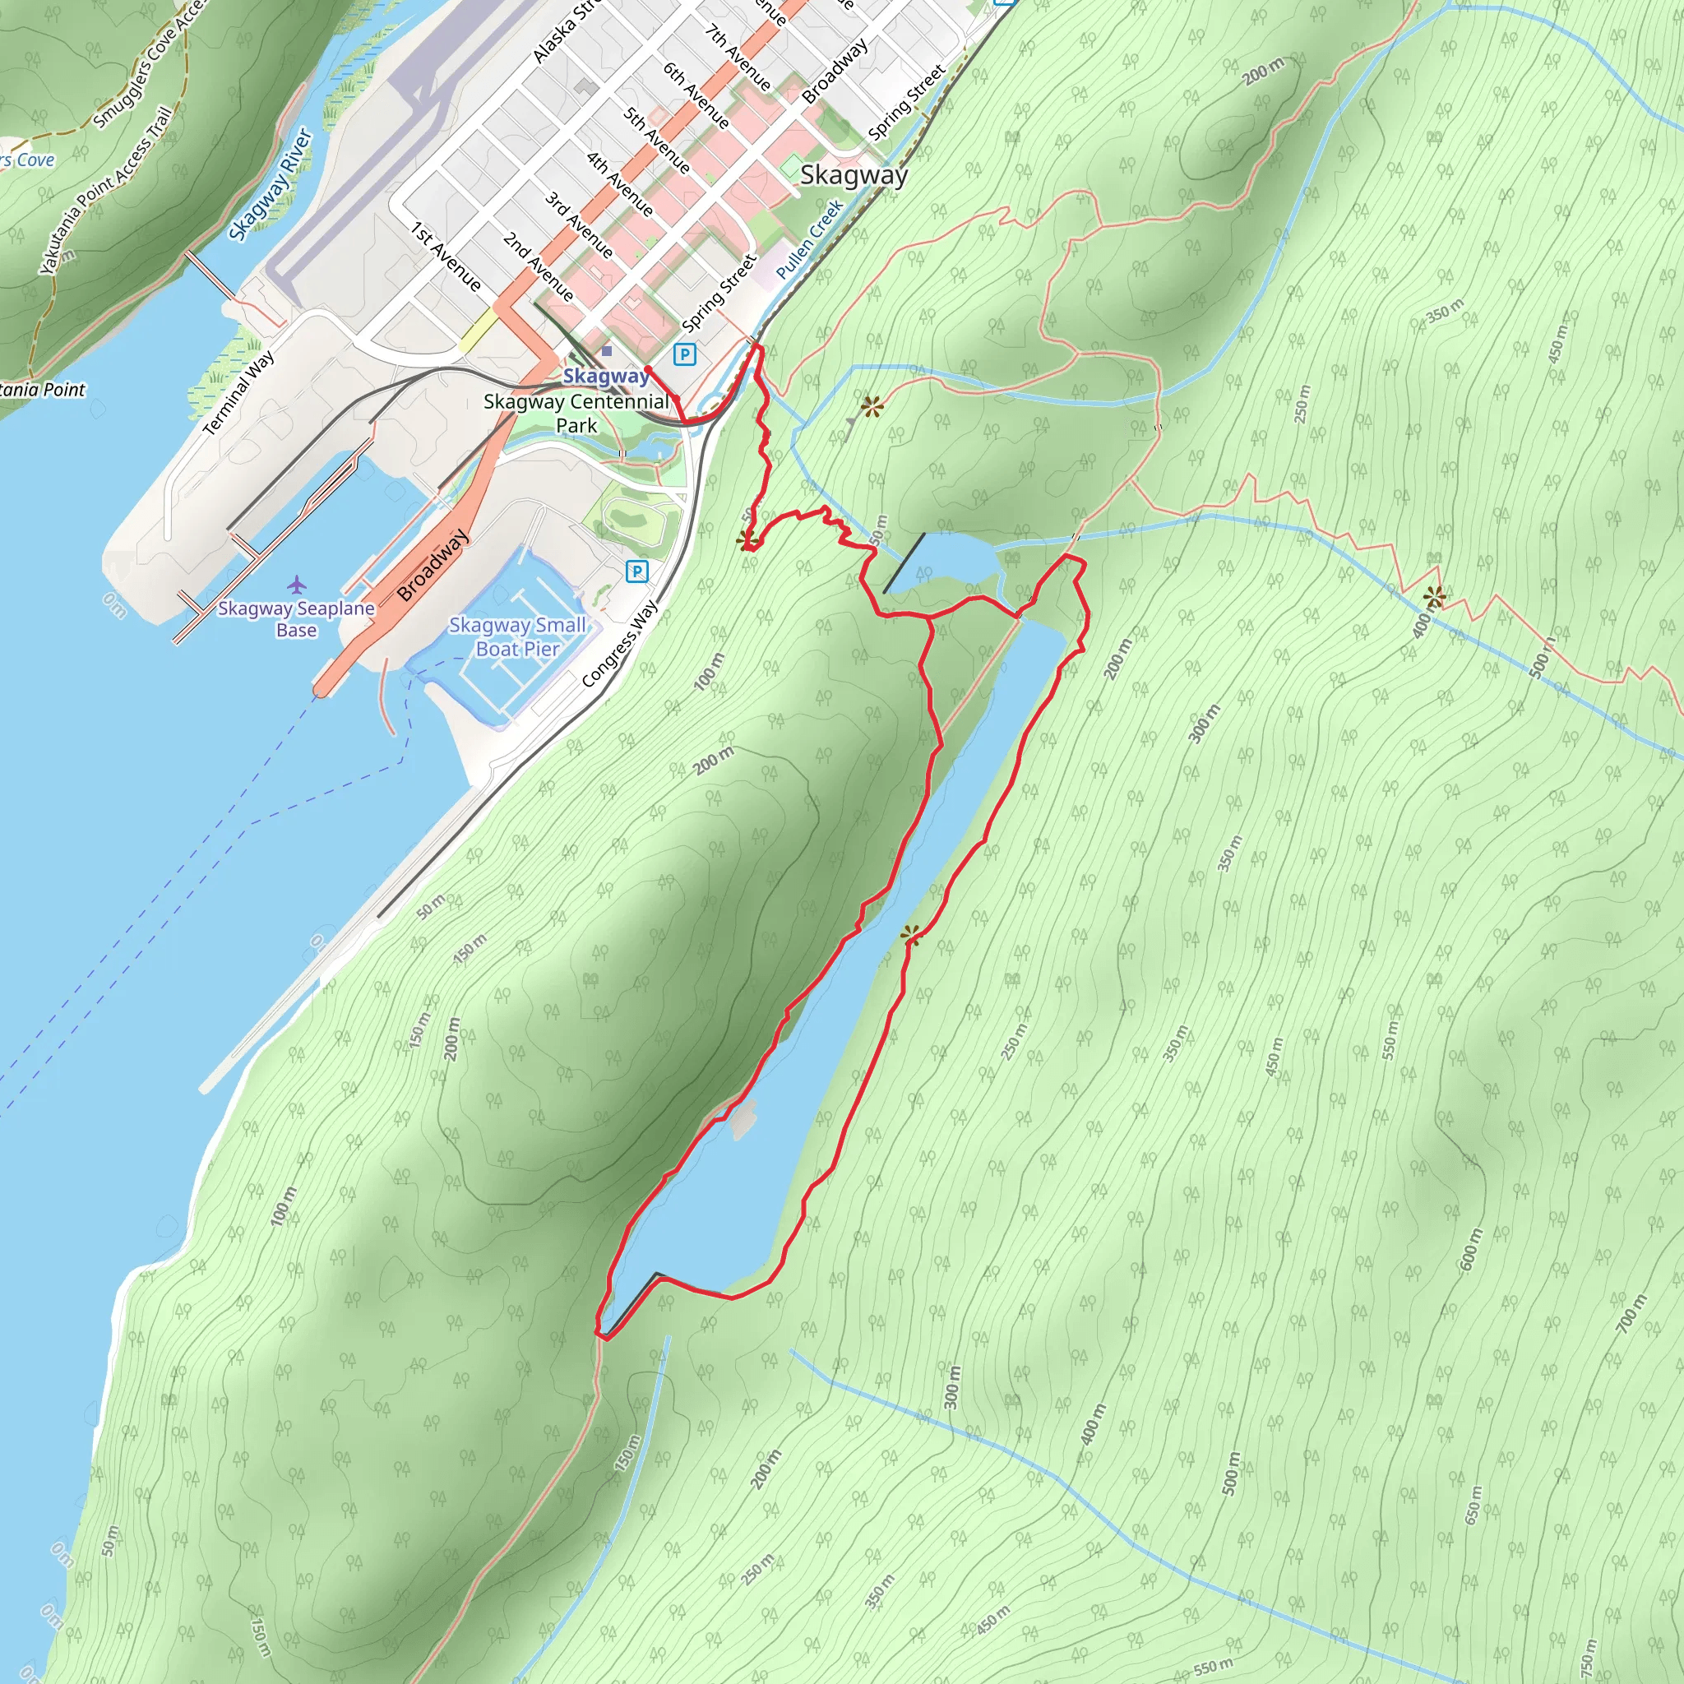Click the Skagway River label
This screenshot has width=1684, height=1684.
coord(271,184)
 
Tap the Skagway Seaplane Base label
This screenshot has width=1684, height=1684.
coord(296,619)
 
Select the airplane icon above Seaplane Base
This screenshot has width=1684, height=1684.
coord(297,583)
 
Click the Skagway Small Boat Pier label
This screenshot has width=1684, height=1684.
coord(518,636)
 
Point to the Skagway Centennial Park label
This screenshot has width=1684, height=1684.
coord(576,413)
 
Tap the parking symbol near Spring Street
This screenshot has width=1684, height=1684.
coord(685,354)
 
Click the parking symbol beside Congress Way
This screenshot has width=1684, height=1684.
coord(637,571)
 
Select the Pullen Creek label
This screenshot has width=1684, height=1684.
coord(810,238)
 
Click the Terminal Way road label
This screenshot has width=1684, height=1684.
coord(238,392)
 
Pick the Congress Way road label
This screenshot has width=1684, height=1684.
coord(620,642)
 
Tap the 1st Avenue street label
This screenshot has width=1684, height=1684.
coord(446,257)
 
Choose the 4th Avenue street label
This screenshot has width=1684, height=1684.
coord(620,184)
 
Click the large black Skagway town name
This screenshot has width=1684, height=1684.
coord(854,175)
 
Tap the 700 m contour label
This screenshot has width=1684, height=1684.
coord(1632,1312)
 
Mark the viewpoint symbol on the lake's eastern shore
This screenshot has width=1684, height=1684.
coord(910,935)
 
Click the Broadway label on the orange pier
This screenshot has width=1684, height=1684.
coord(433,566)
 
